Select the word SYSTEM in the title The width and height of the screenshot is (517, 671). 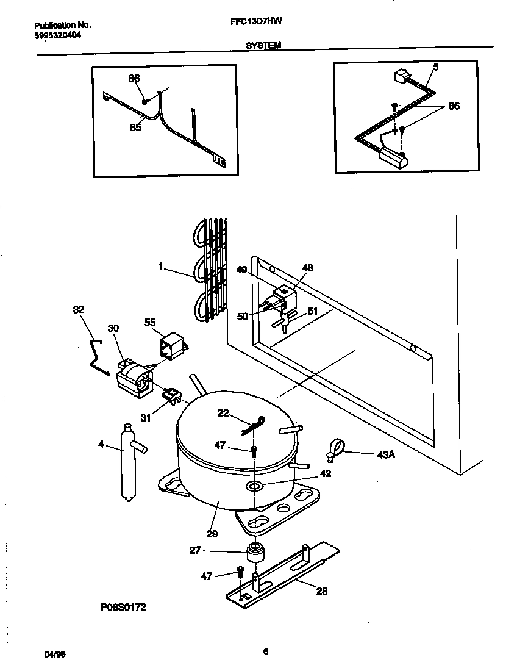coord(263,45)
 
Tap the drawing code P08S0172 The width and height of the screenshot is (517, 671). coord(123,608)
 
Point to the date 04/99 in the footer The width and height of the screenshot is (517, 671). coord(55,654)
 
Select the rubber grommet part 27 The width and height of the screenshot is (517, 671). coord(256,553)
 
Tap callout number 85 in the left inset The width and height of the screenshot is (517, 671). coord(135,127)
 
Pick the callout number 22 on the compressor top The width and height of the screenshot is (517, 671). coord(223,413)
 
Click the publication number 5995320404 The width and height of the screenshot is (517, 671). coord(58,35)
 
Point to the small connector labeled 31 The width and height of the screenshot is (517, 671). coord(172,396)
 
